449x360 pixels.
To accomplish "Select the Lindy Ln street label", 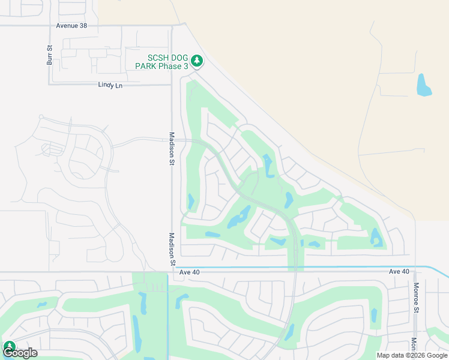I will point(110,85).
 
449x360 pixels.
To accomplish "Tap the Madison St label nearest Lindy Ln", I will point(172,148).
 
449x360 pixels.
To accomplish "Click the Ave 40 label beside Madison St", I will point(189,272).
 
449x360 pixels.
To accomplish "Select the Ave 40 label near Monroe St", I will point(399,272).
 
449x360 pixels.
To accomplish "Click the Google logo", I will point(20,353).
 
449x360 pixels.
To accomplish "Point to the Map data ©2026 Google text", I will point(412,355).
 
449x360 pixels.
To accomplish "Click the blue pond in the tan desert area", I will point(424,85).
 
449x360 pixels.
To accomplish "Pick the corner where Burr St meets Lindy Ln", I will point(50,84).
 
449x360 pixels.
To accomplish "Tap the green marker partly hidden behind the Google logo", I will point(9,346).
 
